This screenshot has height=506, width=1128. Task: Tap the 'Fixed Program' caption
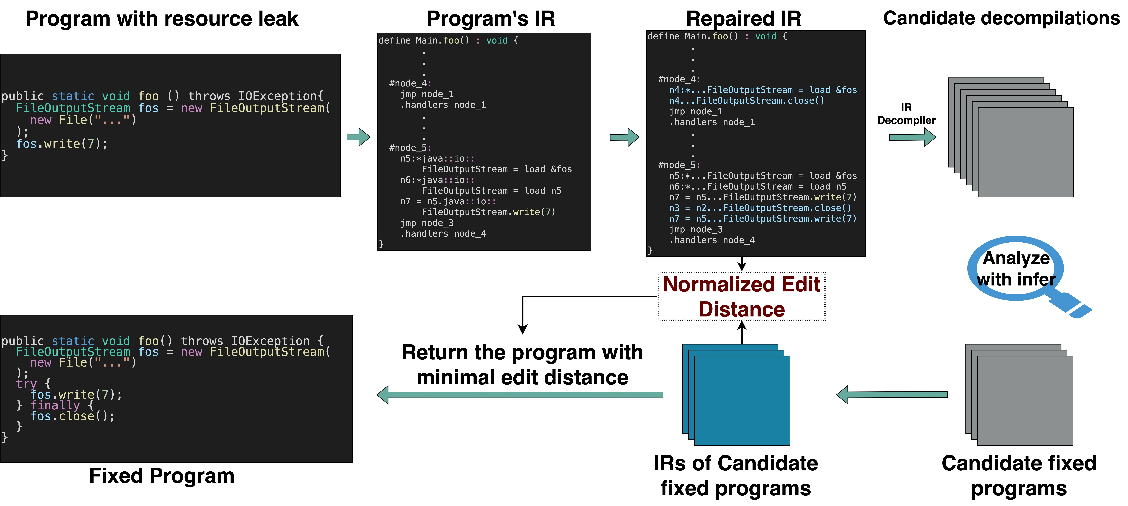162,476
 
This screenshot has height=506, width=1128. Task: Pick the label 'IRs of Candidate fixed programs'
736,476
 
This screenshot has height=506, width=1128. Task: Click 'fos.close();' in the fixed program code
72,416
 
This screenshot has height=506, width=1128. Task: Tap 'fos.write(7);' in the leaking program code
61,144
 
